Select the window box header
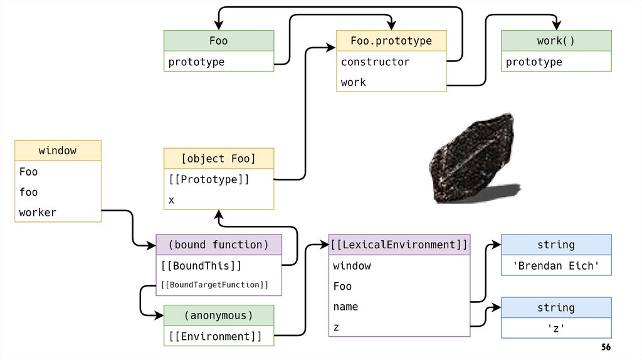(x=58, y=151)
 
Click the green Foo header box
(x=219, y=41)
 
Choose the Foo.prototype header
(x=391, y=41)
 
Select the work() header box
(x=556, y=41)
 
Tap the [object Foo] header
(x=219, y=159)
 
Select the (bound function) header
(x=218, y=245)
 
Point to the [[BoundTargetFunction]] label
(x=215, y=285)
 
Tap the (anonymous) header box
(x=219, y=315)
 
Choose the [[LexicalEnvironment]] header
(x=399, y=245)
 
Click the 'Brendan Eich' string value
(x=556, y=265)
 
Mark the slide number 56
(x=606, y=347)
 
